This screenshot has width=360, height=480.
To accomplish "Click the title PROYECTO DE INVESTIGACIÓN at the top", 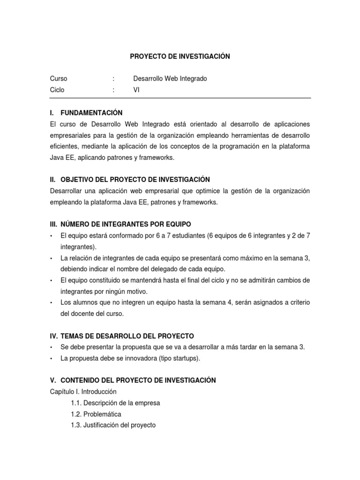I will tap(180, 56).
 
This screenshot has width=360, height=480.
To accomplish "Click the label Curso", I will tap(58, 79).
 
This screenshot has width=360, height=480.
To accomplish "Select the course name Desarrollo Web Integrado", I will tap(170, 79).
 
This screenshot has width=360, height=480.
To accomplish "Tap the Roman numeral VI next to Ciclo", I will tap(136, 90).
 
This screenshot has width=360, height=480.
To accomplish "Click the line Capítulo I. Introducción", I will tap(83, 391).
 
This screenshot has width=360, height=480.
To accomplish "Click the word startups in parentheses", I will tap(184, 358).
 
